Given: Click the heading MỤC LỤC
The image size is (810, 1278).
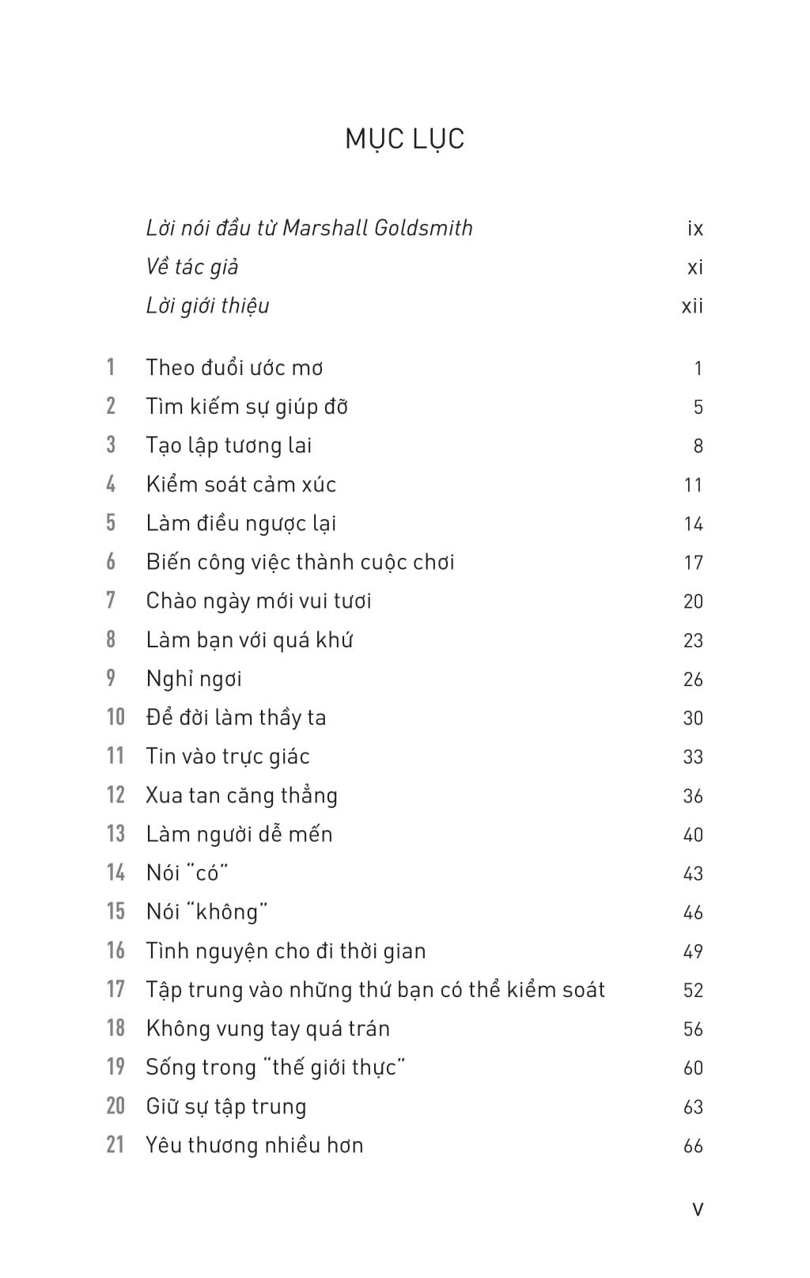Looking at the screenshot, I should click(x=404, y=139).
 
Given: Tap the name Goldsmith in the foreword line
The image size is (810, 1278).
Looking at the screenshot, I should click(x=423, y=228).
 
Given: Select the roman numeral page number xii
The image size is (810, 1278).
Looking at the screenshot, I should click(x=692, y=306).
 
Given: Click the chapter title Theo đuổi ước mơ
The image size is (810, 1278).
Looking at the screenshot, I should click(x=234, y=368).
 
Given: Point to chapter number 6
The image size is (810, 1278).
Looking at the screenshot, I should click(x=111, y=562).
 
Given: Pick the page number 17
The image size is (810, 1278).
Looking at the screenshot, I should click(x=693, y=563).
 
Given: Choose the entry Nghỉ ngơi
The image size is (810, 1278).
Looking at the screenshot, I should click(x=194, y=679).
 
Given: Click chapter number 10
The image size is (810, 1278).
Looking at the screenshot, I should click(x=115, y=717).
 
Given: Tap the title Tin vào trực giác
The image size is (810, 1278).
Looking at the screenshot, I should click(x=228, y=757).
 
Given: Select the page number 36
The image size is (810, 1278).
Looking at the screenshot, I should click(x=693, y=796).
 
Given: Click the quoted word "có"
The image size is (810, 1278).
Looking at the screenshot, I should click(x=207, y=873).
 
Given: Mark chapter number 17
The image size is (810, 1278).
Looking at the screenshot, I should click(x=115, y=989).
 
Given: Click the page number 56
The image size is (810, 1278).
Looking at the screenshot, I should click(x=693, y=1029).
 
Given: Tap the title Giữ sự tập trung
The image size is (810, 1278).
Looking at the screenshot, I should click(x=226, y=1106).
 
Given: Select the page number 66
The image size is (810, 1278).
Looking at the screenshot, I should click(x=693, y=1146).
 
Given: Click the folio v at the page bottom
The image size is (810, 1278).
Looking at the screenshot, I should click(x=698, y=1209).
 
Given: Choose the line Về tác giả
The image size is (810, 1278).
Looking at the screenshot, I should click(x=192, y=267).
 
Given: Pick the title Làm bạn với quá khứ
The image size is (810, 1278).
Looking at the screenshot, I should click(x=249, y=639).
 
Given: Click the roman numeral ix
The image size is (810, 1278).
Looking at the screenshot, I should click(x=695, y=229).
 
